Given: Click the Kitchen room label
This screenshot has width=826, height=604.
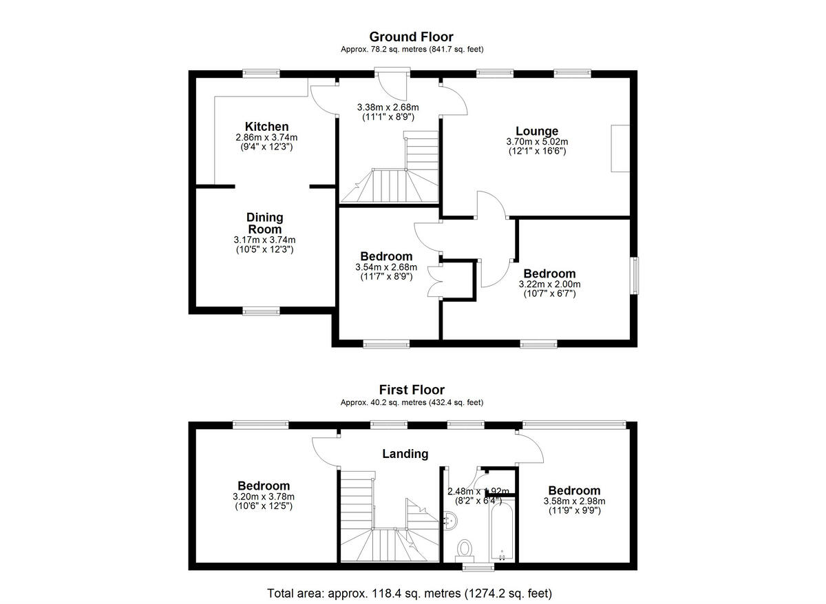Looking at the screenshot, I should pyautogui.click(x=266, y=127).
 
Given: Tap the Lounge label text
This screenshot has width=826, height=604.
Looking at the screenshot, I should pyautogui.click(x=537, y=131).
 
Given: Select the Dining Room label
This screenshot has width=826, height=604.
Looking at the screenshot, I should pyautogui.click(x=264, y=223).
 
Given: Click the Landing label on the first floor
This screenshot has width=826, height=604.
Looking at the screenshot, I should pyautogui.click(x=405, y=454).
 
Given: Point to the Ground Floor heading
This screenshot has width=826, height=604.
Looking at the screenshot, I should pyautogui.click(x=411, y=37).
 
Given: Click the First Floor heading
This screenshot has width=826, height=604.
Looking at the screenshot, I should pyautogui.click(x=411, y=390).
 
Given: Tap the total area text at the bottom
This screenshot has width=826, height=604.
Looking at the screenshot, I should pyautogui.click(x=410, y=592).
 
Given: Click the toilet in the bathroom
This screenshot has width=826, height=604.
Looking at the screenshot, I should pyautogui.click(x=465, y=549).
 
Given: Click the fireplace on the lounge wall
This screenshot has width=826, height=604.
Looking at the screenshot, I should pyautogui.click(x=620, y=148).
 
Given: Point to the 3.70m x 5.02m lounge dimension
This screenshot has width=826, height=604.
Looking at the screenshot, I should pyautogui.click(x=537, y=142).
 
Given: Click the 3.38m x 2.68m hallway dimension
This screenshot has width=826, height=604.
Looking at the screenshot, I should pyautogui.click(x=388, y=107).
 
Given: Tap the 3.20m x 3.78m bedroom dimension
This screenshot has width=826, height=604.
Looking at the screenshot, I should pyautogui.click(x=264, y=497).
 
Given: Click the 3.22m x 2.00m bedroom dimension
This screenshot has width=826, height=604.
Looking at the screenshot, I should pyautogui.click(x=549, y=284).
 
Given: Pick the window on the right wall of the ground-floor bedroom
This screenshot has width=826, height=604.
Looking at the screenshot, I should pyautogui.click(x=635, y=275).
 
